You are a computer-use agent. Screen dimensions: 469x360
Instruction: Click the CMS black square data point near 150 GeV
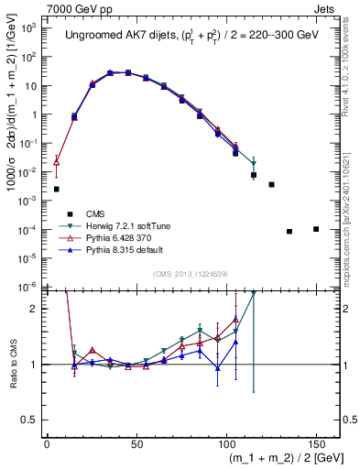[x=316, y=229]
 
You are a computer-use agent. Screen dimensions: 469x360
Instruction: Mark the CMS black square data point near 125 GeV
[x=271, y=184]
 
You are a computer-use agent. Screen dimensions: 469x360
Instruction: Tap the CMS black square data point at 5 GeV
[x=57, y=189]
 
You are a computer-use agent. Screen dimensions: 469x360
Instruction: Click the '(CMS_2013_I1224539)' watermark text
[x=189, y=273]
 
